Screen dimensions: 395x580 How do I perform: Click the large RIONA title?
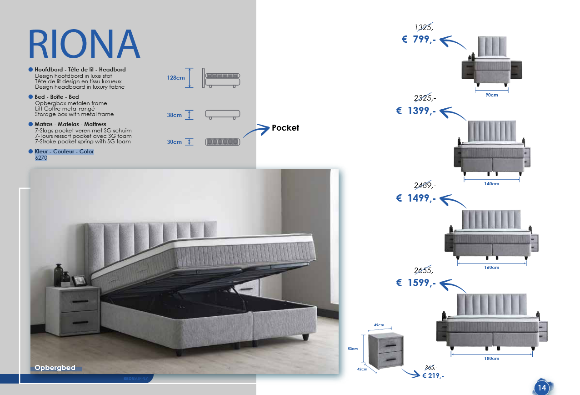coord(84,44)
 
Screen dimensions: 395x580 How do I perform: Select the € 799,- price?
coord(419,40)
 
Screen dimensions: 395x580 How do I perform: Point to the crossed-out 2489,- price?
coord(425,185)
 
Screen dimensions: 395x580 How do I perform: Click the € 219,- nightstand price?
coord(433,376)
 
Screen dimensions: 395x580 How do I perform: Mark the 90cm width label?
coord(491,95)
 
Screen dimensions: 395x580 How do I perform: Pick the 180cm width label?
coord(491,359)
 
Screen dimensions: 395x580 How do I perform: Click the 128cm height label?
coord(176,78)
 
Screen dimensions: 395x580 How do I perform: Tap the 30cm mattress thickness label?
coord(174,142)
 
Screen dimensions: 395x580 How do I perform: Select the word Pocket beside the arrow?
coord(285,128)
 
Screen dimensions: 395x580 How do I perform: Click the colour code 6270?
coord(41,158)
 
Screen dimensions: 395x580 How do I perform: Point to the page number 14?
coord(541,388)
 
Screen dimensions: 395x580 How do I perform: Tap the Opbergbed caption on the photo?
coord(55,368)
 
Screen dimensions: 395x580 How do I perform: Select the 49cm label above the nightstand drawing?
coord(379,325)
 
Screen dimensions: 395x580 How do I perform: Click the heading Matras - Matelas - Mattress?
coord(70,124)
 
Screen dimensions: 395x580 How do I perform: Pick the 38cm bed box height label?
coord(174,115)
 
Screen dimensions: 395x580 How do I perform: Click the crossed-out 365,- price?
coord(431,367)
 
